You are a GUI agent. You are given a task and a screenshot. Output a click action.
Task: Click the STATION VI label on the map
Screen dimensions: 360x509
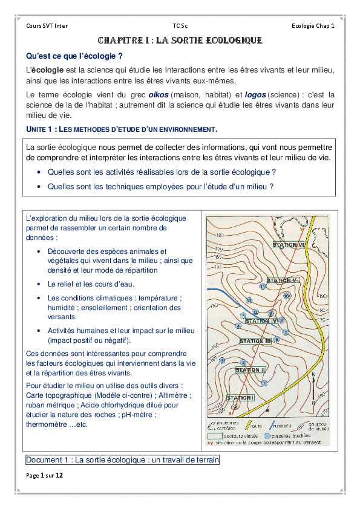(x=288, y=245)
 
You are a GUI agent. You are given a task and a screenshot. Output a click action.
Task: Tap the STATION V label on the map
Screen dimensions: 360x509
(x=283, y=280)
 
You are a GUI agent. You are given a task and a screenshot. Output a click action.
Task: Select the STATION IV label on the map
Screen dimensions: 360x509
(x=261, y=320)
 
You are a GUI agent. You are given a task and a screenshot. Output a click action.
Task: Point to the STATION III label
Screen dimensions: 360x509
(x=255, y=342)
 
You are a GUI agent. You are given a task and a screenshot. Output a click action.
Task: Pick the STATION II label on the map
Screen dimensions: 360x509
(x=250, y=369)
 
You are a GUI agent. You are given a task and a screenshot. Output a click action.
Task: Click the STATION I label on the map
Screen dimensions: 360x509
(x=240, y=398)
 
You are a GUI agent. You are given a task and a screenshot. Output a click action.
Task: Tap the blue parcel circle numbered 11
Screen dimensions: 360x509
(x=263, y=287)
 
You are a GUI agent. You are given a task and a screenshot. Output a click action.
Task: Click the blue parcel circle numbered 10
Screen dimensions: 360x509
(x=286, y=296)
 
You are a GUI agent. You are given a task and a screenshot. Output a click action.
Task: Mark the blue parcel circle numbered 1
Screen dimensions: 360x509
(x=264, y=383)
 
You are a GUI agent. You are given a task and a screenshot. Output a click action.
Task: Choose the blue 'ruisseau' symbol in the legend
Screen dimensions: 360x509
(x=279, y=424)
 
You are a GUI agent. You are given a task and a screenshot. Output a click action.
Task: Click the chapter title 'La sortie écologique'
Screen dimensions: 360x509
(x=180, y=41)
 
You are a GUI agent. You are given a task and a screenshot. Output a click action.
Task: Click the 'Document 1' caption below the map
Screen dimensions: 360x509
(x=122, y=460)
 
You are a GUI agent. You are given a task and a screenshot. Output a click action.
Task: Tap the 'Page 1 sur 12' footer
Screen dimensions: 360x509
(x=44, y=476)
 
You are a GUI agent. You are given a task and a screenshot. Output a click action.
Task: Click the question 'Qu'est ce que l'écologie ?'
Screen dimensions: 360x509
(x=75, y=56)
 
